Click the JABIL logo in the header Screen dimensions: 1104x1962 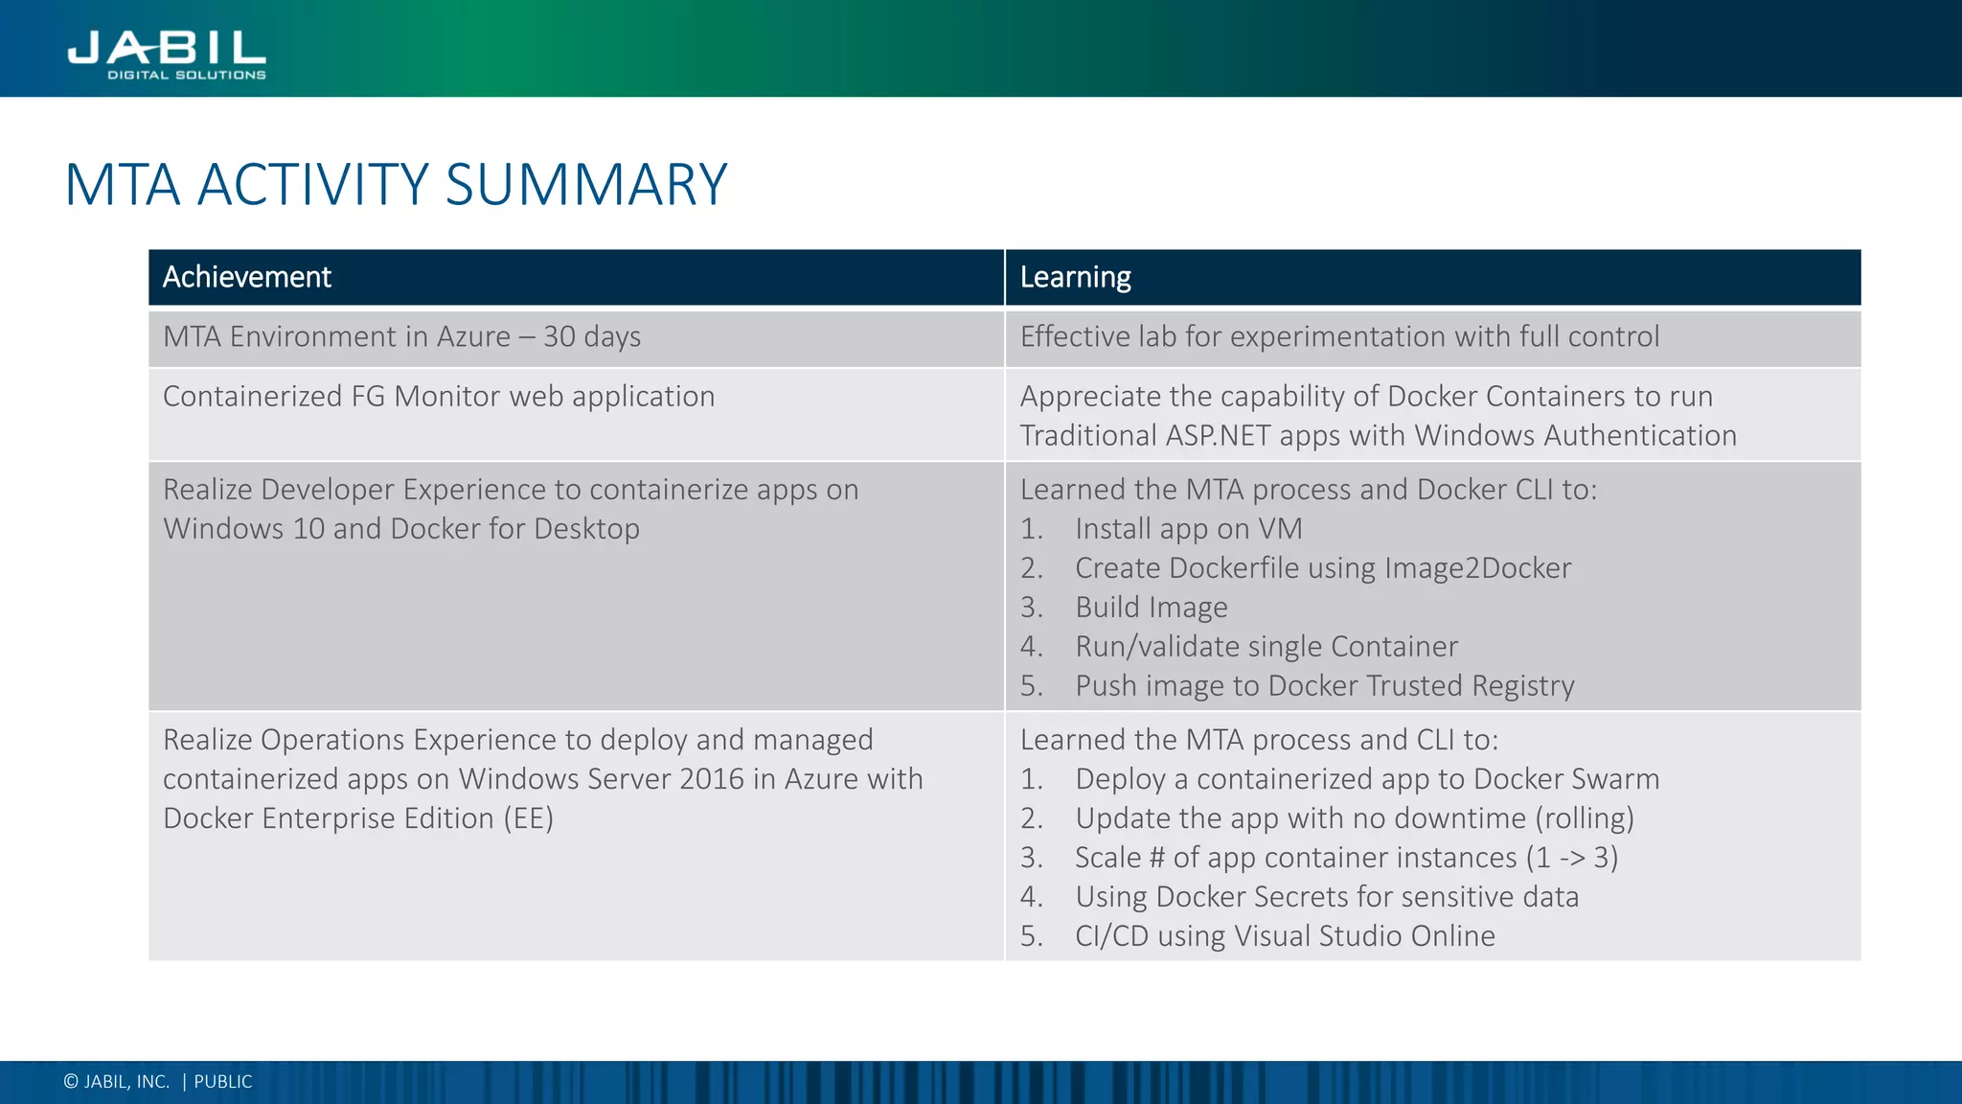click(167, 53)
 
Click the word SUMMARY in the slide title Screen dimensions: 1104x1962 click(585, 184)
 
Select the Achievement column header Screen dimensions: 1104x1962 click(247, 277)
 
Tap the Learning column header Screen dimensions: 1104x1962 click(1075, 277)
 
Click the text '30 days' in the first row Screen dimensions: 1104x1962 click(592, 337)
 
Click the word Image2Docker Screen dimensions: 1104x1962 click(1477, 568)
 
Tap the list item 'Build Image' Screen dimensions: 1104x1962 click(1151, 608)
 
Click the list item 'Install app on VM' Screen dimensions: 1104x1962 click(1188, 529)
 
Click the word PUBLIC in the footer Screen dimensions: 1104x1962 click(223, 1082)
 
